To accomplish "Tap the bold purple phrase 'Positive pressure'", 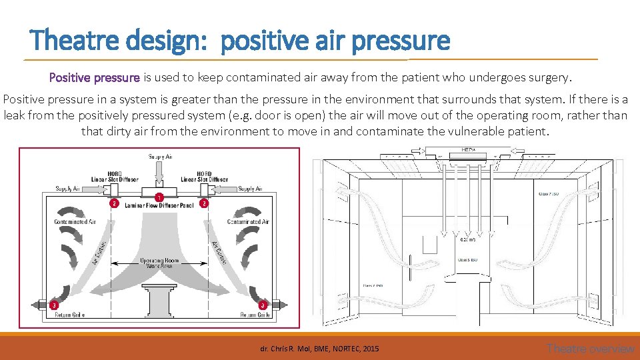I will [x=95, y=77].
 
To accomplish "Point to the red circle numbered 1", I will [x=159, y=197].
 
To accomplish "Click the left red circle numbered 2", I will [x=115, y=203].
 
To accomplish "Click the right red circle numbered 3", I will [x=263, y=305].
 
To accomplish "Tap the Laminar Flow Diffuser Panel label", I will [x=159, y=206].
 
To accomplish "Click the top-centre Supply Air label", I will [x=159, y=157].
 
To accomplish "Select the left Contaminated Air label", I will [x=75, y=221].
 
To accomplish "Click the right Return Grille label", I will [x=255, y=315].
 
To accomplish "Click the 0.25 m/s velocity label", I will [x=468, y=238].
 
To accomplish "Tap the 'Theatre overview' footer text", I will [x=590, y=348].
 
